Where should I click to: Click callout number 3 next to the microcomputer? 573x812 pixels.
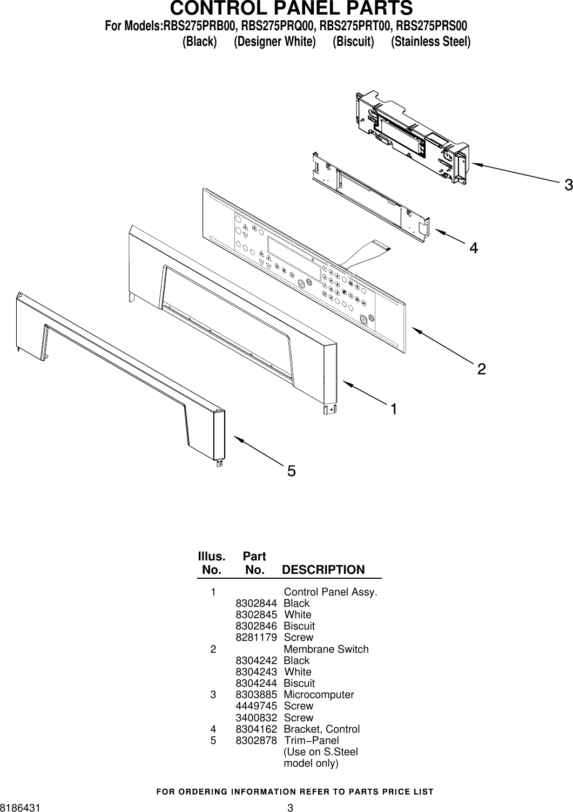click(x=567, y=186)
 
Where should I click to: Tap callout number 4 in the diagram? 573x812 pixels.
click(x=473, y=248)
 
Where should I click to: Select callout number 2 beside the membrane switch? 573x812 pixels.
click(x=481, y=369)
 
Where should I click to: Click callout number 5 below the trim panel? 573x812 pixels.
click(x=291, y=472)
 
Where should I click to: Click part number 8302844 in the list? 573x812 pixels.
click(x=257, y=603)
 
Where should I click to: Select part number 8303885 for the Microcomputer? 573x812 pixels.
click(x=257, y=694)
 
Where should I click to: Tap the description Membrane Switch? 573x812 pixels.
click(x=326, y=649)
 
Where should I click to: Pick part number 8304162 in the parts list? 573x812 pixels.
click(x=257, y=729)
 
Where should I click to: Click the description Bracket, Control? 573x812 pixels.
click(x=321, y=729)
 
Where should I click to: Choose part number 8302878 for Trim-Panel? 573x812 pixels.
click(x=257, y=741)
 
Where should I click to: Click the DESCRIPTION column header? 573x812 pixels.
click(x=323, y=570)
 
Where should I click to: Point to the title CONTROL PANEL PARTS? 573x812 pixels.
click(x=292, y=9)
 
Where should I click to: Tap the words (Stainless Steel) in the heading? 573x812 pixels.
click(x=430, y=42)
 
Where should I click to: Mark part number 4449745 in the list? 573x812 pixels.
click(x=257, y=706)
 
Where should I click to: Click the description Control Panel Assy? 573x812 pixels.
click(x=331, y=592)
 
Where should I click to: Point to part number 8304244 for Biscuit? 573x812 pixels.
click(x=257, y=683)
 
